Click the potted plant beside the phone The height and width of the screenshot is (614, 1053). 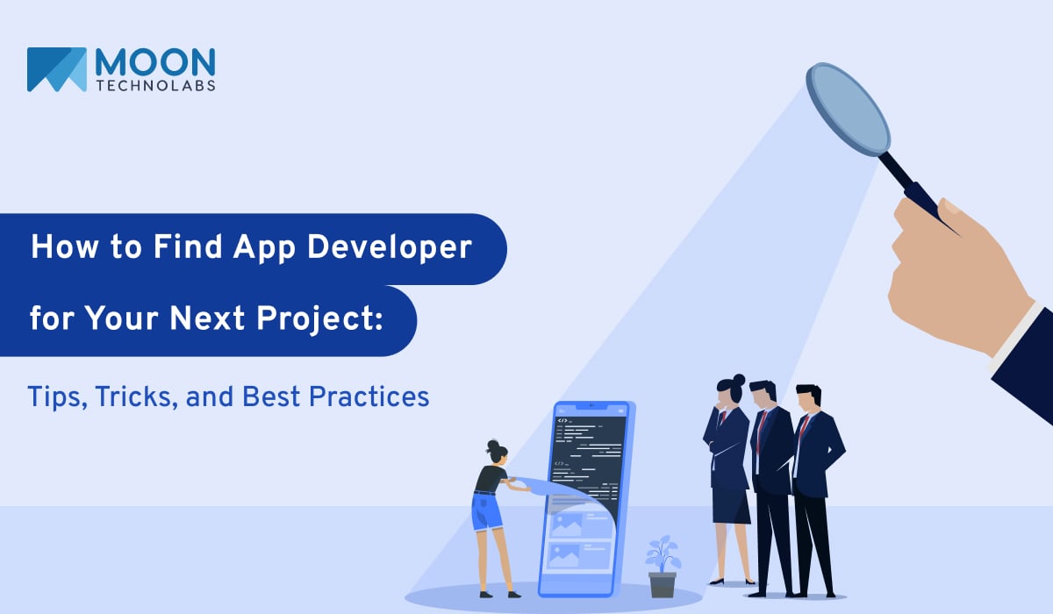(663, 567)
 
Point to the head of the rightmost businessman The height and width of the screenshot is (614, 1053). (806, 397)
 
